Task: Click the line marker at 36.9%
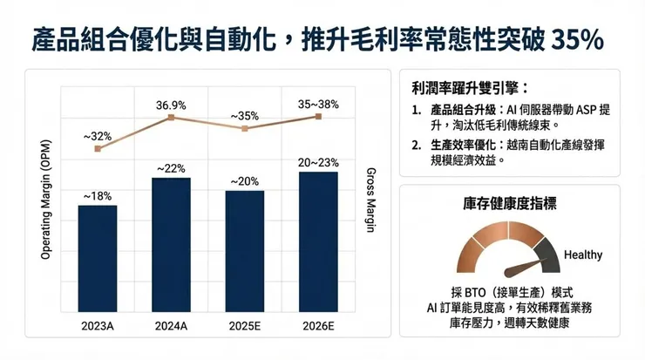[x=171, y=117]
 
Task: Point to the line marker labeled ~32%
[x=97, y=149]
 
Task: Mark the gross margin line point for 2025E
[x=245, y=128]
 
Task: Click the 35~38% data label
[x=318, y=104]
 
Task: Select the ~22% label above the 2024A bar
[x=171, y=167]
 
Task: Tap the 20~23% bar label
[x=318, y=161]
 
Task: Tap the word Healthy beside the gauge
[x=583, y=255]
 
